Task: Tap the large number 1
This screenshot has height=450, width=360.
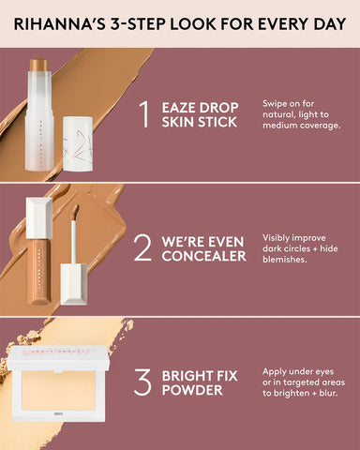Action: pos(142,114)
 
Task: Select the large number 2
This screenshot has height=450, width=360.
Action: pos(142,248)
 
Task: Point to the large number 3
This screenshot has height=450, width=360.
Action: pos(142,382)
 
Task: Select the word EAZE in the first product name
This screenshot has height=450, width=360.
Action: pos(181,105)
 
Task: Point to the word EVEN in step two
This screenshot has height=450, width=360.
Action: pos(225,239)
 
